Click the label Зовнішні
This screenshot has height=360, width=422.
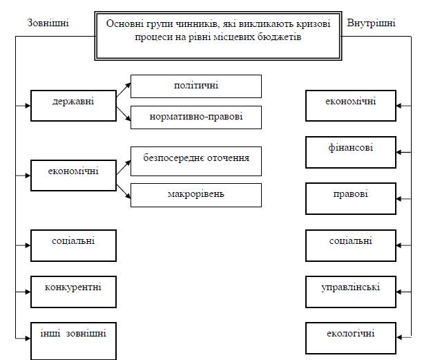click(48, 23)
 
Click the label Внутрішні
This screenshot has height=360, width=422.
click(371, 23)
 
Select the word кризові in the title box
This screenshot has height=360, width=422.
click(314, 23)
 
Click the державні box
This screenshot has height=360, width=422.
click(73, 106)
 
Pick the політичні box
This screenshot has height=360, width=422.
click(196, 86)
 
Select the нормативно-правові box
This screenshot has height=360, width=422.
click(196, 117)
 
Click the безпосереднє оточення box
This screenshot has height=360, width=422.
click(196, 161)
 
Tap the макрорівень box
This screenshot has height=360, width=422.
click(196, 195)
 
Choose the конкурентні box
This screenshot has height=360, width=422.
click(73, 292)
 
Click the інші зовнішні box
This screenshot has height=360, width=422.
click(73, 341)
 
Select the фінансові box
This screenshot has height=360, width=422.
click(351, 152)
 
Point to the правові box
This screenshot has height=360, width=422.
click(351, 199)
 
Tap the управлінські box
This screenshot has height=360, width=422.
click(351, 292)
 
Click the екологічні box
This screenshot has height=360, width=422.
click(351, 338)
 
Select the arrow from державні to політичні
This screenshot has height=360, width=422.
click(124, 90)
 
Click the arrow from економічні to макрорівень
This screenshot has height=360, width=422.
click(124, 191)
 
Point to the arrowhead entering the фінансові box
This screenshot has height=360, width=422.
click(399, 153)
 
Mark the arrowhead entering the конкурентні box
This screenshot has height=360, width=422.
click(28, 292)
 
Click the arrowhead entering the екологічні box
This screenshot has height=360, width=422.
click(399, 337)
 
